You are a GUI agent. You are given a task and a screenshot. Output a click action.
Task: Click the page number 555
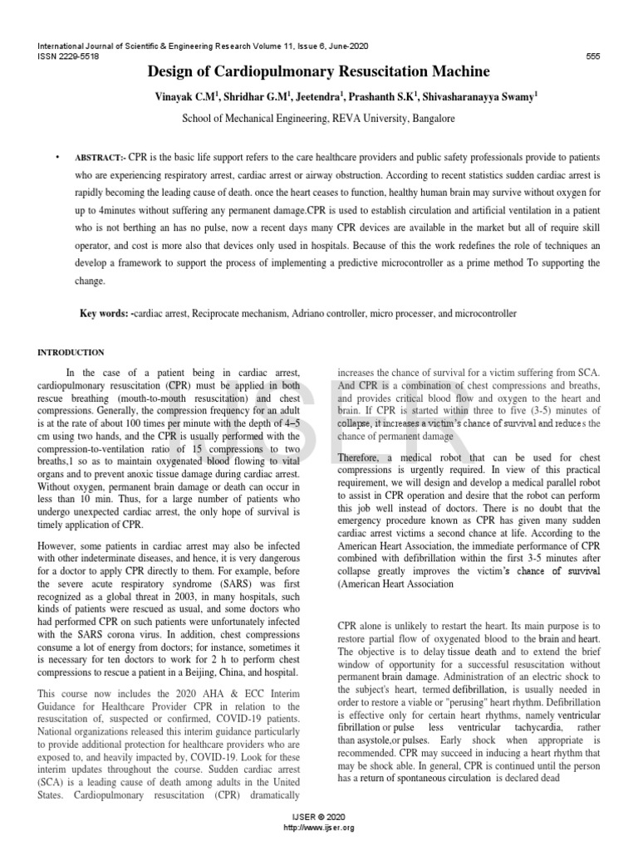pos(594,56)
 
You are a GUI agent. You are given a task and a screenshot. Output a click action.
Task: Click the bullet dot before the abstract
pos(57,158)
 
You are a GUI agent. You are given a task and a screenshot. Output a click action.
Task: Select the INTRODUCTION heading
pos(71,353)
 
